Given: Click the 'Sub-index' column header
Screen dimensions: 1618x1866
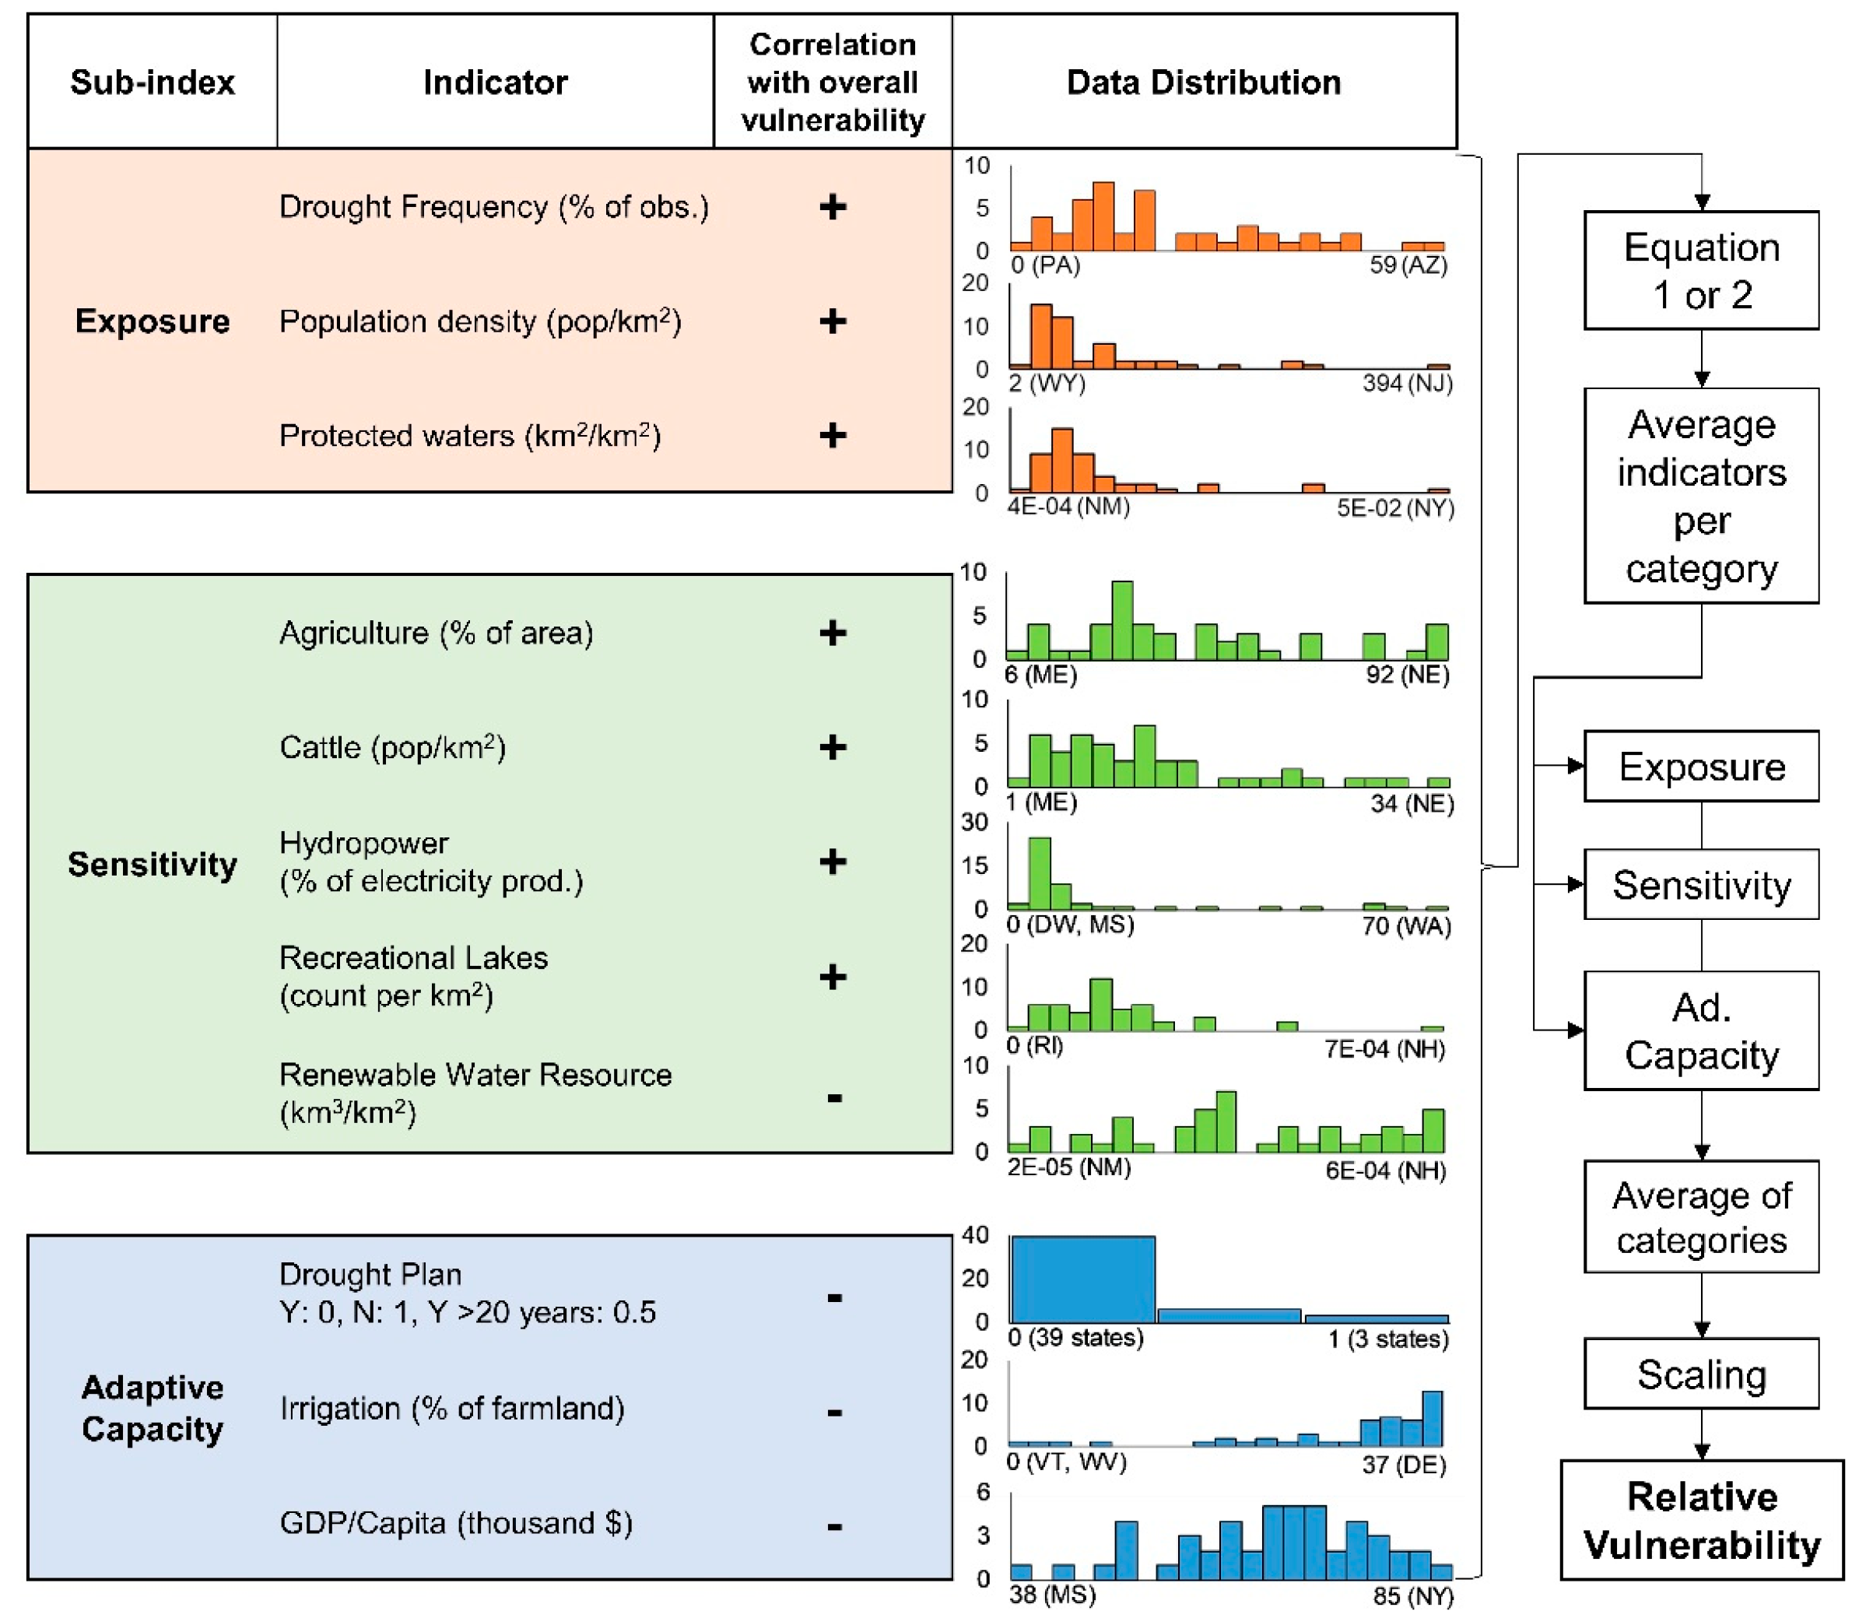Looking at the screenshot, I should [152, 82].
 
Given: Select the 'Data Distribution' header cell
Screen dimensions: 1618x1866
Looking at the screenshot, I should [1202, 82].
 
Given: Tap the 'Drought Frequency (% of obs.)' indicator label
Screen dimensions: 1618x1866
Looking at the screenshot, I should [494, 207].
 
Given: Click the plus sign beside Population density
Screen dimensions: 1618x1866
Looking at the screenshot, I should [833, 321].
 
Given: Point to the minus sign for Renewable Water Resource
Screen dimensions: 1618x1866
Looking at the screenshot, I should [834, 1098].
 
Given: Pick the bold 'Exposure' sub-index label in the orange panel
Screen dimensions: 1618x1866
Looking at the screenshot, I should [152, 321].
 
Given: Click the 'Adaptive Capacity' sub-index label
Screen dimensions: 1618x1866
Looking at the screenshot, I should [152, 1408].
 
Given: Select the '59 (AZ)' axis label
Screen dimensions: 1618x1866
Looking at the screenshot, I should [1408, 265].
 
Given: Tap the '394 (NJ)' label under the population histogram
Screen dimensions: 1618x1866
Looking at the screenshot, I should [1406, 383].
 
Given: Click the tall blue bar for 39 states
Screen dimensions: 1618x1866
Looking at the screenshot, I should [1082, 1279].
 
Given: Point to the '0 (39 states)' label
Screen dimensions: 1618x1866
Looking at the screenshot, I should [1075, 1337].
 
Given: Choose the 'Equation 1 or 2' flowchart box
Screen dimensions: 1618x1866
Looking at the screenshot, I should [1701, 270].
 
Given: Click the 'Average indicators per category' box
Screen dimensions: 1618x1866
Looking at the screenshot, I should [1701, 496].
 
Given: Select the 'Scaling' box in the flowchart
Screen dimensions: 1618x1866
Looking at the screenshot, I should [1701, 1374].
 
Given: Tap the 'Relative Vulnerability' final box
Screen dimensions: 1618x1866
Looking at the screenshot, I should [1701, 1521].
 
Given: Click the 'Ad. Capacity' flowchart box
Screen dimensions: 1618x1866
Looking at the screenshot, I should [1701, 1030].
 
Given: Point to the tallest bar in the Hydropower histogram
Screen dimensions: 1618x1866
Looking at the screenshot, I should [1039, 872].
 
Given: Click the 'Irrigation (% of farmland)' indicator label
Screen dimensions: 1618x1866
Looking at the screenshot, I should [451, 1409].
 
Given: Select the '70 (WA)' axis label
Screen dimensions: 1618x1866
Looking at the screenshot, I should [1405, 925].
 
